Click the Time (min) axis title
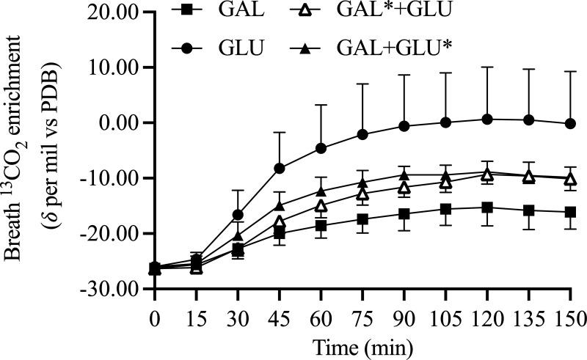362,345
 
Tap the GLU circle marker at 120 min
487,119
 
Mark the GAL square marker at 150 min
570,212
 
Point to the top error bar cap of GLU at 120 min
487,67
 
